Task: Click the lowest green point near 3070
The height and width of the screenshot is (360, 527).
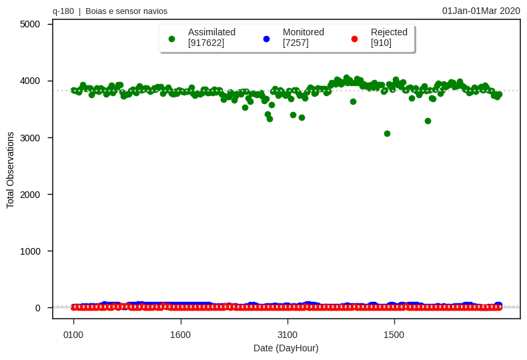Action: (387, 133)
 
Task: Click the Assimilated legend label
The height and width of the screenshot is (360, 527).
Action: (211, 32)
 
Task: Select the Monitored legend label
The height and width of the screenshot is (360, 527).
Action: (303, 32)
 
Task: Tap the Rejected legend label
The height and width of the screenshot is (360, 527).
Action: (389, 32)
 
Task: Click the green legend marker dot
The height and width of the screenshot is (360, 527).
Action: (171, 39)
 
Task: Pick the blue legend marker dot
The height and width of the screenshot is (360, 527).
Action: (266, 39)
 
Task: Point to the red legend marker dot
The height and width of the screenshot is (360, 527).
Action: (354, 39)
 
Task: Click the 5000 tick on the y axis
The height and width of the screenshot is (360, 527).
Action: (30, 24)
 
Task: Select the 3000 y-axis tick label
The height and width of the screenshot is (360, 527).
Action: (30, 138)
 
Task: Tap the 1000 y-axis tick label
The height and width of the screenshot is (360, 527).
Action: (30, 251)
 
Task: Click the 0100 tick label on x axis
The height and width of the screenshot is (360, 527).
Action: (73, 335)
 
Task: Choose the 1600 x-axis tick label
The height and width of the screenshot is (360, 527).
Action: (180, 335)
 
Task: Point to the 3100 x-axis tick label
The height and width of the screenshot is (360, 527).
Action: (288, 335)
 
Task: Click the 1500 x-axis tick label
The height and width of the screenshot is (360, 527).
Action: (394, 335)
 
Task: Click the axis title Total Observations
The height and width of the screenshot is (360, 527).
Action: (10, 170)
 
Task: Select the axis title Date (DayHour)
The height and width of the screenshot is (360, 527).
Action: (286, 348)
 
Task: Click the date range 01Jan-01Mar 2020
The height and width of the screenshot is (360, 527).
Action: (481, 11)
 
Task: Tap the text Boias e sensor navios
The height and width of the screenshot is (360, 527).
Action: (126, 11)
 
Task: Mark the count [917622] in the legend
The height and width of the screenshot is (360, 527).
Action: (206, 43)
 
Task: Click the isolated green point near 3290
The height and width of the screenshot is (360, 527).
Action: (428, 121)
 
